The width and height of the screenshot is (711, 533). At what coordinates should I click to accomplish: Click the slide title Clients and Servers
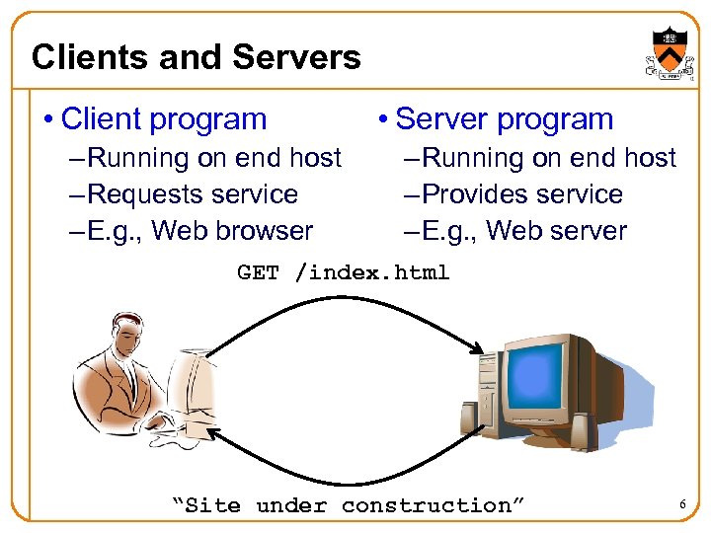coord(196,57)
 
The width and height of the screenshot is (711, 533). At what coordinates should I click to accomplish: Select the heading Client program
coord(163,119)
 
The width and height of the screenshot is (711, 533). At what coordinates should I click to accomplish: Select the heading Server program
coord(504,119)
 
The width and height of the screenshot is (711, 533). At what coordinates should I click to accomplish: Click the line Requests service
coord(192,194)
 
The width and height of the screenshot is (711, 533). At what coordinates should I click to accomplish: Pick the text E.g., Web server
coord(522,231)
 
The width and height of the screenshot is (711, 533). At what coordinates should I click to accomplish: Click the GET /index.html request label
coord(343,272)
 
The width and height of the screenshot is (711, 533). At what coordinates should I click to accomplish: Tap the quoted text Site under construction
coord(348,505)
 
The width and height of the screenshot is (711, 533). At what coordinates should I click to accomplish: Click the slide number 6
coord(681,505)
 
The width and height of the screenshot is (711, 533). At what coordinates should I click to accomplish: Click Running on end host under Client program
coord(213,158)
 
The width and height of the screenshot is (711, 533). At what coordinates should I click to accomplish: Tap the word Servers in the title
coord(304,57)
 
